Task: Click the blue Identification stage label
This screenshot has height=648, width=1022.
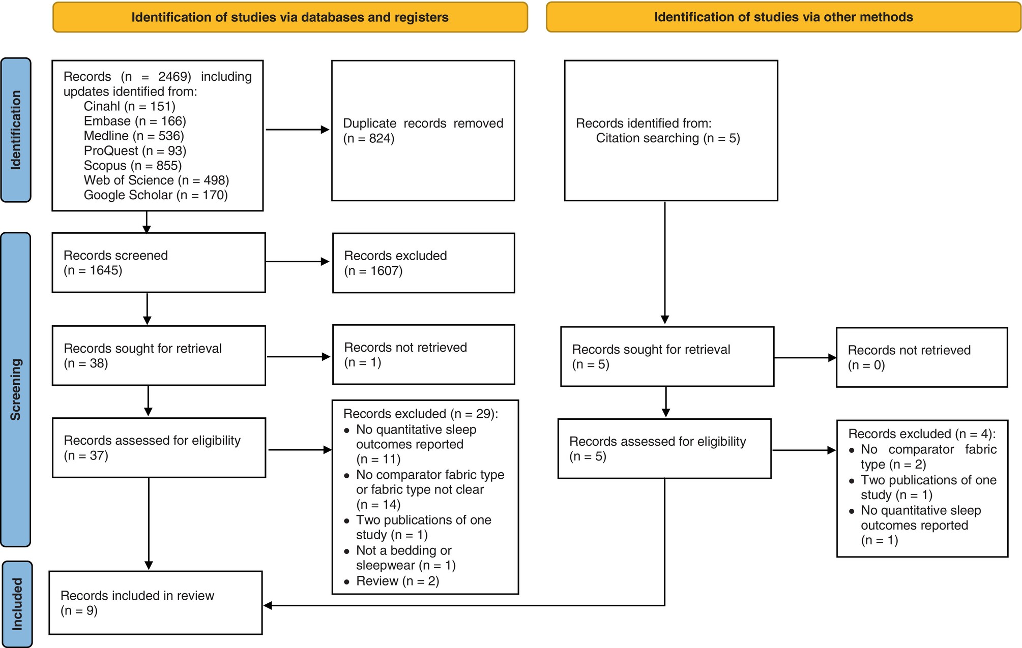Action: point(16,130)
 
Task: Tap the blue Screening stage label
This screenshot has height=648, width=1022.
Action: point(16,389)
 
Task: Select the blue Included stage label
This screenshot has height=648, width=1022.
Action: point(17,604)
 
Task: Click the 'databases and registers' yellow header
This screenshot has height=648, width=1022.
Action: point(290,17)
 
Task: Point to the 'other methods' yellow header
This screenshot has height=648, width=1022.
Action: point(783,17)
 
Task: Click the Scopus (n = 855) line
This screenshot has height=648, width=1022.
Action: point(133,166)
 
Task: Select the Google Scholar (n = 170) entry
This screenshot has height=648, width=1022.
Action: point(156,195)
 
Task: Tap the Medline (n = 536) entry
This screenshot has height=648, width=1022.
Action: point(134,136)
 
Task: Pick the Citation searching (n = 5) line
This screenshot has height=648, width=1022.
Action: point(668,138)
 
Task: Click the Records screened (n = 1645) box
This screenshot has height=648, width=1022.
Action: point(159,263)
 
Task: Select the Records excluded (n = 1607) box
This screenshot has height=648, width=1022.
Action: point(423,263)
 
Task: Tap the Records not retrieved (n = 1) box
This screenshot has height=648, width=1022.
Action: point(423,355)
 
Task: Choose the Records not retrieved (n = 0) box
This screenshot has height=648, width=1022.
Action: point(922,357)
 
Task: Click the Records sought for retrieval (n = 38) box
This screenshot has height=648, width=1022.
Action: point(159,356)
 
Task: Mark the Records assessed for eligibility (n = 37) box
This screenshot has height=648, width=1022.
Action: point(159,448)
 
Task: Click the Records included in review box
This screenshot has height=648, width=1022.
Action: point(156,603)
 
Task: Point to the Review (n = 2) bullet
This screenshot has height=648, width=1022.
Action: point(392,581)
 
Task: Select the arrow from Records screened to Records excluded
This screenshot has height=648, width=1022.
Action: point(298,262)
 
